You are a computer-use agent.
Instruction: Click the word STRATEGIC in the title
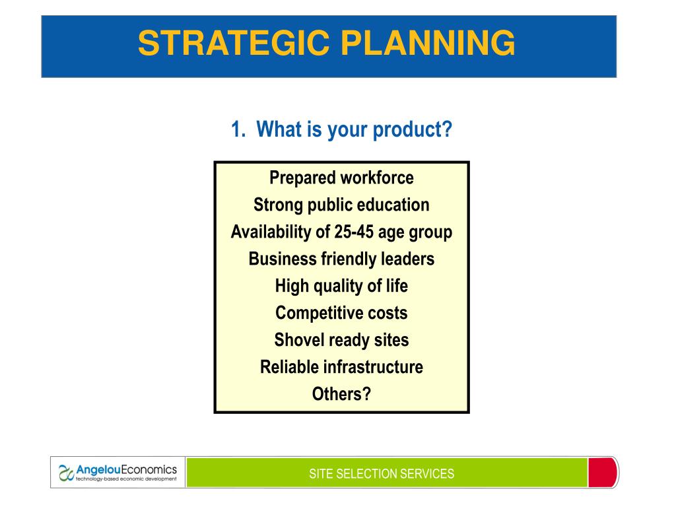234,43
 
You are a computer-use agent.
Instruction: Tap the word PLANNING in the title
428,43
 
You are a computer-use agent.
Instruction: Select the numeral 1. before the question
238,129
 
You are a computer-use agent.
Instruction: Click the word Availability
271,232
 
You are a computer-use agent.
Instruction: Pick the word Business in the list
283,259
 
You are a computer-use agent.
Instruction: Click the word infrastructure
374,367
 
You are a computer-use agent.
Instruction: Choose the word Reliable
290,367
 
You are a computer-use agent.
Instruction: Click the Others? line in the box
341,394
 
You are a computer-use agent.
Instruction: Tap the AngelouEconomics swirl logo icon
66,473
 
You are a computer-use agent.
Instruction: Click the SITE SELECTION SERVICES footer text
382,474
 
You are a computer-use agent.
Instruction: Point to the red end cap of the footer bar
603,473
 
